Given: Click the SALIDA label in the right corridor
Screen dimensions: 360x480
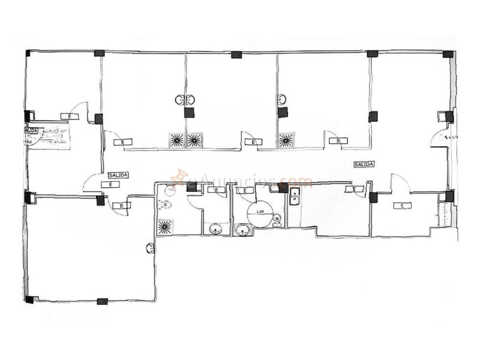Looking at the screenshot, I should (x=364, y=164).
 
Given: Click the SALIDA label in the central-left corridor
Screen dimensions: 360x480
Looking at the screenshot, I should (x=118, y=175).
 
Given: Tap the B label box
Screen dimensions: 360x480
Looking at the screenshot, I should (x=338, y=142).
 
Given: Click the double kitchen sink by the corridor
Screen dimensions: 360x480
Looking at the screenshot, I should (x=295, y=197).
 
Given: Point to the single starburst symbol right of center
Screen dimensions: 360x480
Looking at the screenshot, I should (x=286, y=140).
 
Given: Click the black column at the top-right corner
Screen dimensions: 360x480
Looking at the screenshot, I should (x=448, y=54).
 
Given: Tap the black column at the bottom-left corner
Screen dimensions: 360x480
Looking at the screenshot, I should (x=29, y=299).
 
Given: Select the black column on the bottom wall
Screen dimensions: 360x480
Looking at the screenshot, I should (x=102, y=301).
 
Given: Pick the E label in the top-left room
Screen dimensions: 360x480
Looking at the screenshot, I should (x=69, y=116).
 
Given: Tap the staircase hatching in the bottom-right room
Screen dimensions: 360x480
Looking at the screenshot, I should (x=443, y=214).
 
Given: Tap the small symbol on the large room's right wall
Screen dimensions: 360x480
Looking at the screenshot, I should (x=149, y=247).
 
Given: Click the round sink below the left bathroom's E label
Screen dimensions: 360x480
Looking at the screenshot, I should (x=215, y=228).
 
